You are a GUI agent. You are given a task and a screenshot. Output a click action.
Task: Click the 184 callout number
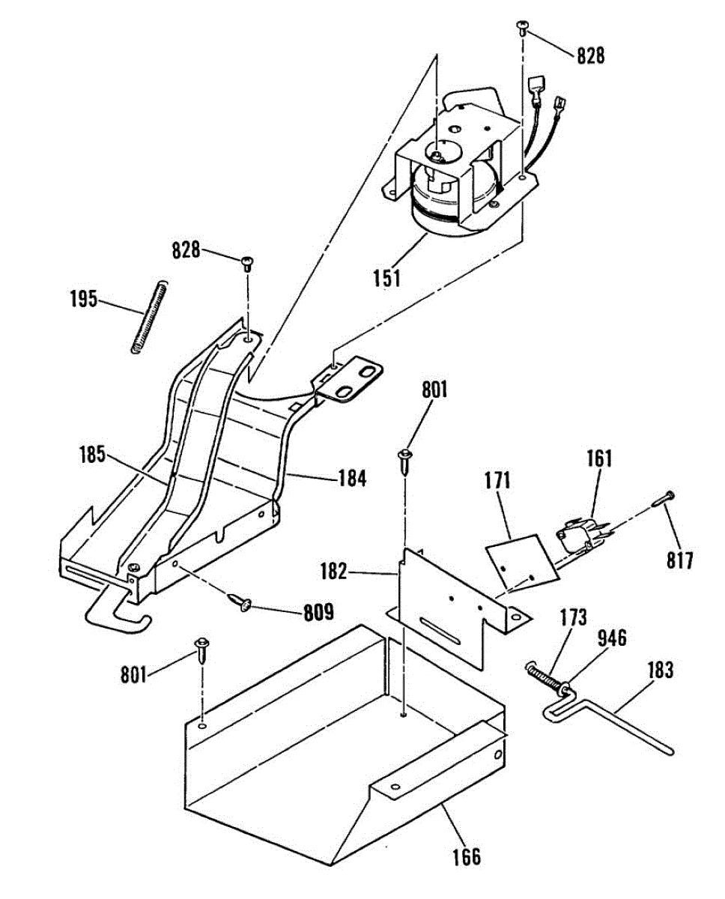tap(351, 477)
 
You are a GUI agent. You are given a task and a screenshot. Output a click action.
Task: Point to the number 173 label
tap(573, 618)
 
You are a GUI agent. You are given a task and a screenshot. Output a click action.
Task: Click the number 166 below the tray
tap(466, 856)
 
